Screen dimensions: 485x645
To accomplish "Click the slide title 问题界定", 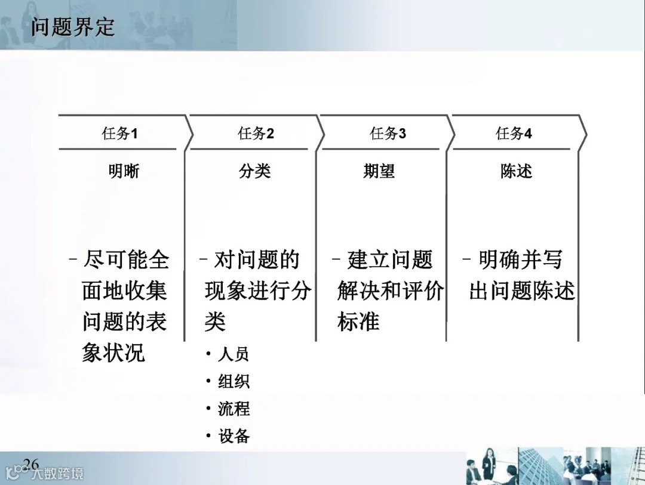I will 72,27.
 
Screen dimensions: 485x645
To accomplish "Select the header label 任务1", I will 119,134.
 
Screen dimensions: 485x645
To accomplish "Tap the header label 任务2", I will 256,134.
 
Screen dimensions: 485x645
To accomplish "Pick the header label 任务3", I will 388,134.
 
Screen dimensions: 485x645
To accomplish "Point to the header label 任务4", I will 514,134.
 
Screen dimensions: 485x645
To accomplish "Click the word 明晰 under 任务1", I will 124,171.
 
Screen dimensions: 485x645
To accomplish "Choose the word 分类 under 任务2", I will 255,171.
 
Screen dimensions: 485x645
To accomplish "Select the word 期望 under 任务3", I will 379,171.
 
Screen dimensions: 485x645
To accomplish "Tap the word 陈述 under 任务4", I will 516,171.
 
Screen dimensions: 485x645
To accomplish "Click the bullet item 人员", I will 234,354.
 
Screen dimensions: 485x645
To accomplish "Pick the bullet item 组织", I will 234,382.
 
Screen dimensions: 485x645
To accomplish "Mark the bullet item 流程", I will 234,409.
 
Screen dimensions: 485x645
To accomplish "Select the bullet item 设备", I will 234,437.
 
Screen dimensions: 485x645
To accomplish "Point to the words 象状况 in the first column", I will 113,353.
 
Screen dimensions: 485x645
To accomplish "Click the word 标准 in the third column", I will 358,322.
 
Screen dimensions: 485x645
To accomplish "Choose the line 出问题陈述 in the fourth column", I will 522,291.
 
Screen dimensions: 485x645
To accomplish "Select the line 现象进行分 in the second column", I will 257,291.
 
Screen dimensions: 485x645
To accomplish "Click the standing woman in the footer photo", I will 489,464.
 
